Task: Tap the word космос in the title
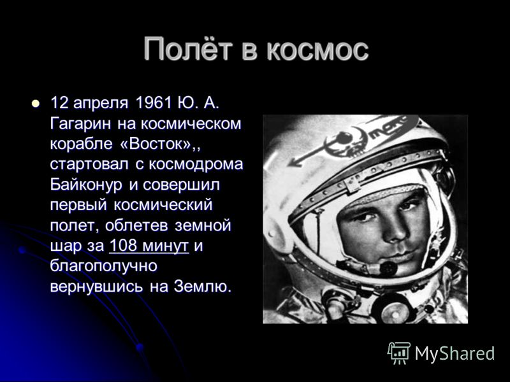pyautogui.click(x=317, y=52)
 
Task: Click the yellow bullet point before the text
pyautogui.click(x=36, y=103)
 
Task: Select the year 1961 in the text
pyautogui.click(x=153, y=103)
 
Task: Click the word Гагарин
pyautogui.click(x=81, y=124)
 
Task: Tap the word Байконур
pyautogui.click(x=86, y=185)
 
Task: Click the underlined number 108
pyautogui.click(x=123, y=246)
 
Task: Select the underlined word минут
pyautogui.click(x=166, y=246)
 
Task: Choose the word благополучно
pyautogui.click(x=104, y=267)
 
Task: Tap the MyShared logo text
pyautogui.click(x=455, y=354)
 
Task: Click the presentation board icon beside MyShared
pyautogui.click(x=399, y=353)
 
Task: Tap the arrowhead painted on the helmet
pyautogui.click(x=295, y=161)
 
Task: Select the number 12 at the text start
pyautogui.click(x=59, y=103)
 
